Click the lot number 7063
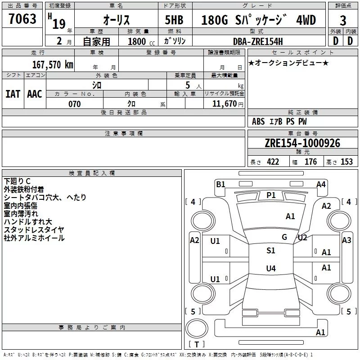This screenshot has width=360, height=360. coord(22,18)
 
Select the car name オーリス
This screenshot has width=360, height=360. coord(117,20)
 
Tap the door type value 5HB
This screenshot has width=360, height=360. coord(174,20)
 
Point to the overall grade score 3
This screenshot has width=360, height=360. coord(343,20)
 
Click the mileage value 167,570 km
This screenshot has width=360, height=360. coord(53,64)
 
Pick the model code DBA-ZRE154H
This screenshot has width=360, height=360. coord(258,41)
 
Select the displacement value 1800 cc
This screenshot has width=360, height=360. coord(141,41)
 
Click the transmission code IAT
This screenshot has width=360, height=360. coord(13,94)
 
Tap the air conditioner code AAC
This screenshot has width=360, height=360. coord(35,94)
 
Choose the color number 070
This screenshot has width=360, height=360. coord(75,104)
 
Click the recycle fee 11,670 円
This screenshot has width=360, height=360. coord(228,104)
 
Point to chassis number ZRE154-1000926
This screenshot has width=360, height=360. coord(302,143)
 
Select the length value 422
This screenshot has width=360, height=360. coord(273,162)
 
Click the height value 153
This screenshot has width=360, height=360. coord(346,162)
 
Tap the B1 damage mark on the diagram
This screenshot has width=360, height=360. coord(220,184)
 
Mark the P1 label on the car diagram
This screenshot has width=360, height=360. coord(271,195)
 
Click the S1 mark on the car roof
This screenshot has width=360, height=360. coord(271,251)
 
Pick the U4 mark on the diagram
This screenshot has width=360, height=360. coord(271,268)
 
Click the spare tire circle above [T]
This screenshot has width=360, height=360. coord(197,328)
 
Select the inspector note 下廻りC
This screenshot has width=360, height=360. coord(17,181)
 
